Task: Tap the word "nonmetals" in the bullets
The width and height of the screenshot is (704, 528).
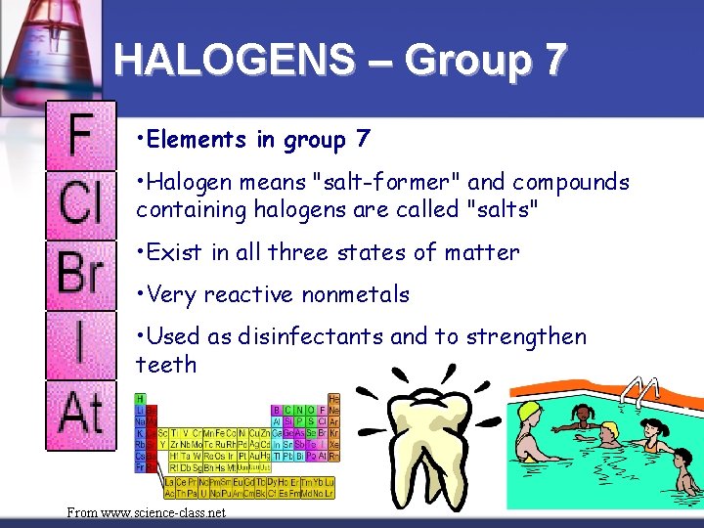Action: coord(356,294)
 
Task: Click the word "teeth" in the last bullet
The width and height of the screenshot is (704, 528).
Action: coord(166,366)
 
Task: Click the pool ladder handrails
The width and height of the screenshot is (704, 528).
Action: coord(643,391)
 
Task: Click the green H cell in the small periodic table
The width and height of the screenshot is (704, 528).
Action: coord(140,398)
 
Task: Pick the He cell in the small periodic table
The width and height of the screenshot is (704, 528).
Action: coord(334,398)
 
